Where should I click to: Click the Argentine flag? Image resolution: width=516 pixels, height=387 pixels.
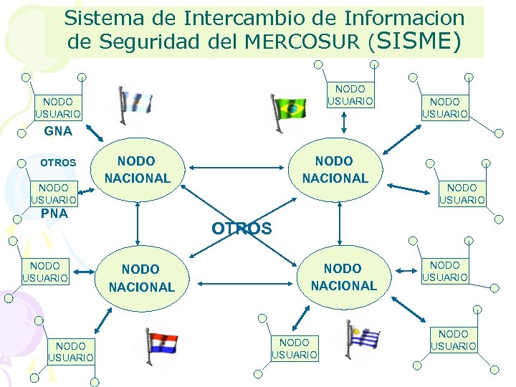[136, 104]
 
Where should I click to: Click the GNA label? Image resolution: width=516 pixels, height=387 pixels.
[58, 131]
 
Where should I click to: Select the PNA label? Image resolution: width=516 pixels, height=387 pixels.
[54, 214]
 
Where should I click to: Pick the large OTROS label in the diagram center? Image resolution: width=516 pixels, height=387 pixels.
[242, 229]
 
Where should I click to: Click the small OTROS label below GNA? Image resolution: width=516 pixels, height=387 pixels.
[58, 163]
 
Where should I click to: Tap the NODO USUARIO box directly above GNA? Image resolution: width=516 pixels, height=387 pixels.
[58, 107]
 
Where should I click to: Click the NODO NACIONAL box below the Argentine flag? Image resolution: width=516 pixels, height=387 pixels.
[137, 170]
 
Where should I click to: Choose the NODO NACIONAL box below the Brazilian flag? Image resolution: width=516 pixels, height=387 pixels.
[335, 170]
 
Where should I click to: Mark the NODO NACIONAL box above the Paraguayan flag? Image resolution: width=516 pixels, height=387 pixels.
[141, 278]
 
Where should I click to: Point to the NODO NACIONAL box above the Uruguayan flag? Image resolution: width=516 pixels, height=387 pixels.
[343, 277]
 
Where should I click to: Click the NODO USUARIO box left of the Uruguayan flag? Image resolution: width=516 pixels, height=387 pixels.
[295, 349]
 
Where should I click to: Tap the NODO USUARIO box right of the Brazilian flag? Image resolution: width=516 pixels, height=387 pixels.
[350, 95]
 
